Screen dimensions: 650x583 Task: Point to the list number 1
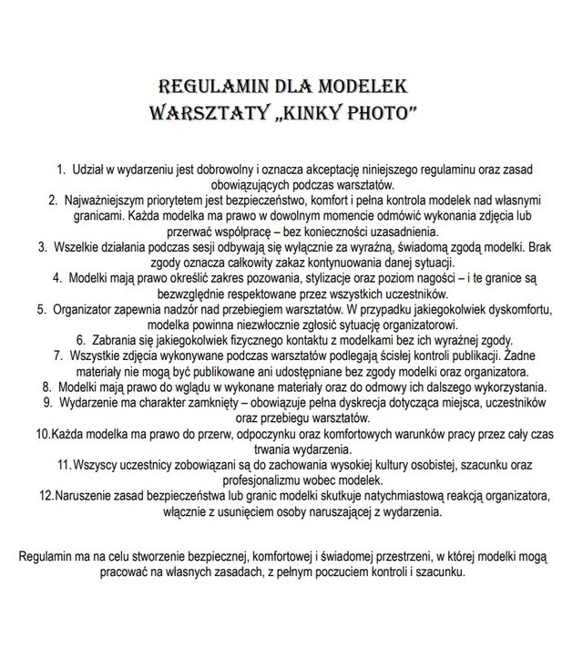[61, 170]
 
